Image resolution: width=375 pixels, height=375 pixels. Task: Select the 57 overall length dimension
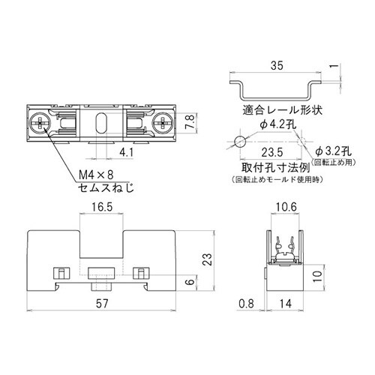(x=103, y=305)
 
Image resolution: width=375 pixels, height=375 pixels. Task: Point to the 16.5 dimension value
(x=103, y=207)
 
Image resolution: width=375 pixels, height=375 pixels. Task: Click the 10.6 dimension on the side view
(x=285, y=207)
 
